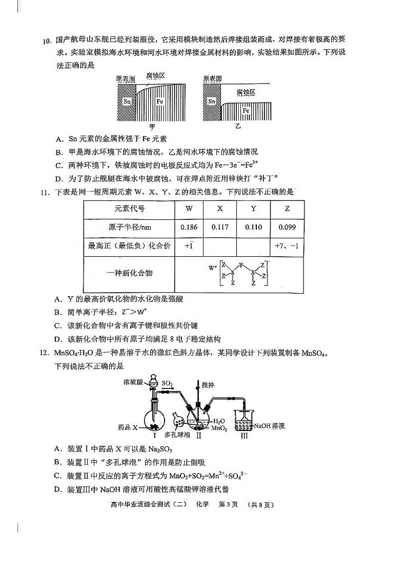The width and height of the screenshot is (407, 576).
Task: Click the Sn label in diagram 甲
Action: pos(127,101)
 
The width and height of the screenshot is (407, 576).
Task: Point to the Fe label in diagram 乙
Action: pos(246,111)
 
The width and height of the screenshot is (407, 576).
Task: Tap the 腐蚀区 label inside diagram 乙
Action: pos(246,92)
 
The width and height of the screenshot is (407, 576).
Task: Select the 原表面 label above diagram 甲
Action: pos(126,78)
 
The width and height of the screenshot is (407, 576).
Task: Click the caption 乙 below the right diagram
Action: pos(237,126)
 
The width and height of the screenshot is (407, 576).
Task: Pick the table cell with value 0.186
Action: pos(189,227)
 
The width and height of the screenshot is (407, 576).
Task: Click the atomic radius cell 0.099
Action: pos(287,227)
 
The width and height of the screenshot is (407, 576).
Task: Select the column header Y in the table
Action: pos(253,209)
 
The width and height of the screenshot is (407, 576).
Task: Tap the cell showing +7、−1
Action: pos(287,246)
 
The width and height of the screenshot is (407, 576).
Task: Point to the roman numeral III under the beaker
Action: pos(244,436)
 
